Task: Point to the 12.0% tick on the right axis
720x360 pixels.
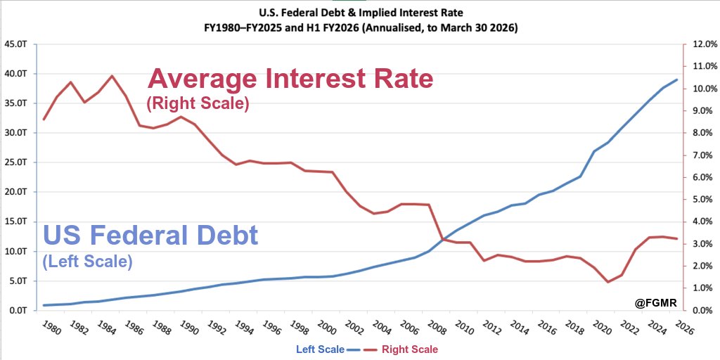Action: pos(704,44)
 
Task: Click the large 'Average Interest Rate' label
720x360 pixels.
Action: pos(290,79)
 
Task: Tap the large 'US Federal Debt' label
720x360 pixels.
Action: pos(150,235)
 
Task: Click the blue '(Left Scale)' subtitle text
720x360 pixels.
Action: pos(88,262)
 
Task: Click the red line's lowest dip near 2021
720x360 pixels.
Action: pos(607,282)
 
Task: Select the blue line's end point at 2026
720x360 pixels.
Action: pos(677,79)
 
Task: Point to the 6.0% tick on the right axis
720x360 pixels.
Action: pos(704,177)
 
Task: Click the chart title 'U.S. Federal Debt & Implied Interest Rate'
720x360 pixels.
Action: pos(359,12)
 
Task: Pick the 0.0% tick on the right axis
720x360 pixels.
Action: pos(704,310)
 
